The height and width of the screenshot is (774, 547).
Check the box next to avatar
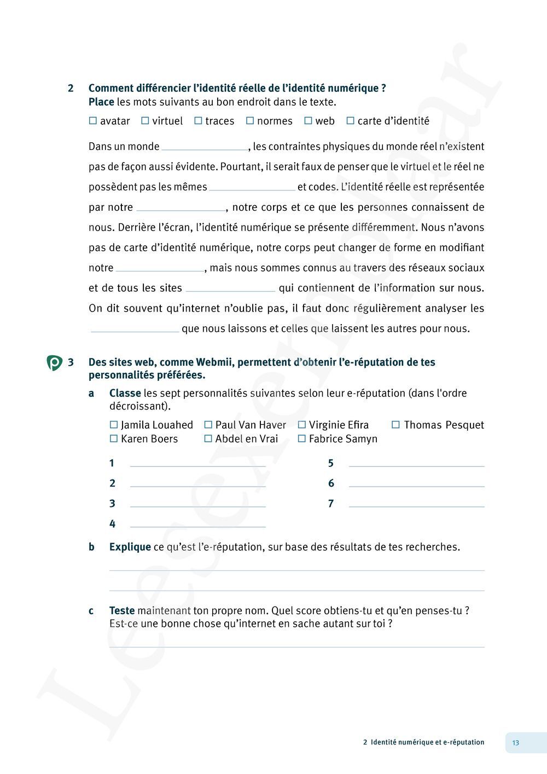click(92, 121)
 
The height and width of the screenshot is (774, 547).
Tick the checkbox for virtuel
click(145, 121)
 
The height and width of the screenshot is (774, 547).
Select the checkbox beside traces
click(198, 121)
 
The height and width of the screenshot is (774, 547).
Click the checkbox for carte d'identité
click(351, 121)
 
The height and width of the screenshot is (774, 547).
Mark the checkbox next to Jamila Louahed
click(114, 425)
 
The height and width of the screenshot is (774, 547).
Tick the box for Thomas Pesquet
click(396, 425)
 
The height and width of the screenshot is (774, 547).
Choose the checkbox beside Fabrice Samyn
click(301, 439)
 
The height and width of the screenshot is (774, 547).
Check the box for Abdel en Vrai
click(208, 439)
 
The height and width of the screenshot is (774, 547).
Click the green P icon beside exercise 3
click(54, 363)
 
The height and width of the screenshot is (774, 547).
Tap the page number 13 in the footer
click(516, 743)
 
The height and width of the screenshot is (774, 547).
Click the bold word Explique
click(130, 547)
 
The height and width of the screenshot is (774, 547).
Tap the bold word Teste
click(122, 610)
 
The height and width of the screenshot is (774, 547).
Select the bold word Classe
click(125, 393)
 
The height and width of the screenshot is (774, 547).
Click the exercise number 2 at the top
click(71, 88)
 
